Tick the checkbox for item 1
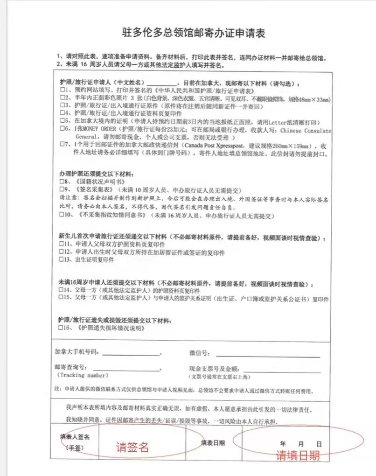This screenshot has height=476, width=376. pos(61,91)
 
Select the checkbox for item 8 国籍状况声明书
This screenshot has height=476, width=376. pos(61,181)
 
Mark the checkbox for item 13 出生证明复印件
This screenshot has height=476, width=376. pos(61,259)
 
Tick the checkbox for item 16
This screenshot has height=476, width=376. pos(61,328)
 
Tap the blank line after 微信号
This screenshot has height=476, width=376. pos(268,353)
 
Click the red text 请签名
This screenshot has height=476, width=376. pos(132,447)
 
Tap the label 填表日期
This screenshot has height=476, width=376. pos(213,442)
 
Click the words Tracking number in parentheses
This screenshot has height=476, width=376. pos(83,375)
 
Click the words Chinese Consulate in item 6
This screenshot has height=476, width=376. pos(305,131)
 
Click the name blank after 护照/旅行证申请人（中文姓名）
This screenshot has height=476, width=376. pos(162,82)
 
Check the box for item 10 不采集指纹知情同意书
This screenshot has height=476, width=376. pos(61,216)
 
